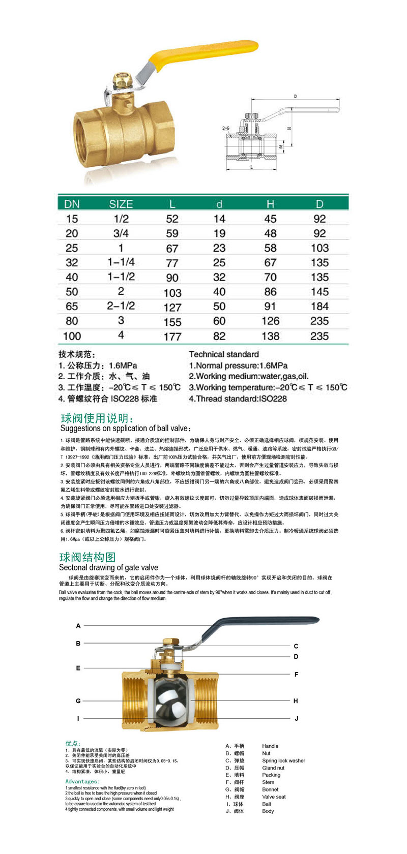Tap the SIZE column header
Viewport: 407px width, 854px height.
pyautogui.click(x=121, y=204)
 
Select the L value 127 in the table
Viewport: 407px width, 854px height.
pyautogui.click(x=172, y=307)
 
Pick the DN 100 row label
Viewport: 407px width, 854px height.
pyautogui.click(x=72, y=336)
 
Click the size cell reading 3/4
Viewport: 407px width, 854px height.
pyautogui.click(x=121, y=233)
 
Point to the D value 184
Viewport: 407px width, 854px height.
pyautogui.click(x=319, y=307)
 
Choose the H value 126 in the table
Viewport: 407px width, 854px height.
pyautogui.click(x=270, y=321)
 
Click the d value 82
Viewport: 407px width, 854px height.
pyautogui.click(x=219, y=336)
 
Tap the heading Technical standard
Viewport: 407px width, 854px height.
pyautogui.click(x=224, y=354)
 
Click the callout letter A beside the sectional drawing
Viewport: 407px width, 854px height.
pyautogui.click(x=78, y=626)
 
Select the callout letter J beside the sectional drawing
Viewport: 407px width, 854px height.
pyautogui.click(x=296, y=718)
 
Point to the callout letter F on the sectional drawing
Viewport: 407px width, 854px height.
pyautogui.click(x=296, y=675)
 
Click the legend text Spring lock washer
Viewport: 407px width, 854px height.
pyautogui.click(x=283, y=760)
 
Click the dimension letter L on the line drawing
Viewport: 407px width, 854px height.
pyautogui.click(x=252, y=167)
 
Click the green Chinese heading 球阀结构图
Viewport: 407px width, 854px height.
pyautogui.click(x=88, y=557)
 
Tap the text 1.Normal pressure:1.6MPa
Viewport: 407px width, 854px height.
pyautogui.click(x=238, y=365)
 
